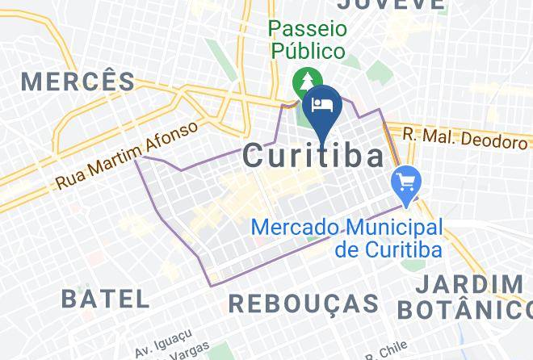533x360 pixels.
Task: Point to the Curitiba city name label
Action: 313,156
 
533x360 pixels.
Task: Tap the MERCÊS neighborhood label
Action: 78,81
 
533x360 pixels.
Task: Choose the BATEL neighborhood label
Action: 106,299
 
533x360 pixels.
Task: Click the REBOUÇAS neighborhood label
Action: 304,303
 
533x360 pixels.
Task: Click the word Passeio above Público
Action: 307,28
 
